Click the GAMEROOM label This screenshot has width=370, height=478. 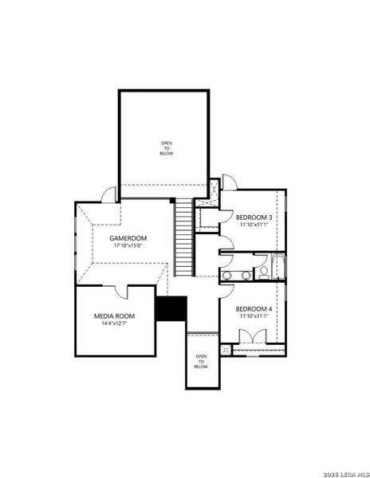click(128, 238)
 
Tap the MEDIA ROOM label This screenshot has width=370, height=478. click(114, 315)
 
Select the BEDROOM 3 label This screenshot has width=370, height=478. click(254, 217)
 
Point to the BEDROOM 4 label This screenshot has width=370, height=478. click(254, 308)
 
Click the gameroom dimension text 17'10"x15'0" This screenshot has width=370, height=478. click(128, 246)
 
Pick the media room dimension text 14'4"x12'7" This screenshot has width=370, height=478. click(114, 323)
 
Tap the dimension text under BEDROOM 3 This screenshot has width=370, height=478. click(254, 225)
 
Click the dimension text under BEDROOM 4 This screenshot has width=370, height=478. click(254, 316)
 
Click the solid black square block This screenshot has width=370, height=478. click(171, 308)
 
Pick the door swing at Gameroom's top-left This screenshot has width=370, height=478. click(108, 192)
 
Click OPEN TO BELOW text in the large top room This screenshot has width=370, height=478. click(166, 147)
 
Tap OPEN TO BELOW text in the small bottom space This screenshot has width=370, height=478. click(201, 362)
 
